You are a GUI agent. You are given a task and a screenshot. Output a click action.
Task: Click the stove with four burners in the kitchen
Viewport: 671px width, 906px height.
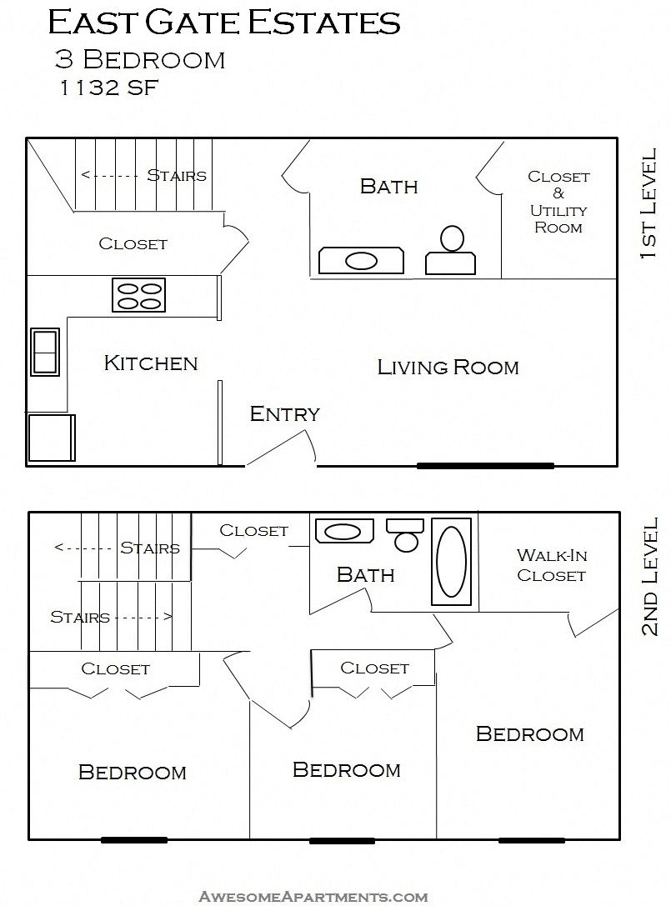click(139, 295)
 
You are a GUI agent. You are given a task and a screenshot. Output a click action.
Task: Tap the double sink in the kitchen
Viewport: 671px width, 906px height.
click(45, 351)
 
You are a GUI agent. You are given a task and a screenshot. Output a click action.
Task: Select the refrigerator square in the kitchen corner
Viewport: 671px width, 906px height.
click(52, 437)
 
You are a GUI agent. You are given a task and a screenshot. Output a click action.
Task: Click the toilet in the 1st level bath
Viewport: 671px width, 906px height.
click(451, 252)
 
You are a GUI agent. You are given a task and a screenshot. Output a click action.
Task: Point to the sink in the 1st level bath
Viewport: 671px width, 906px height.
click(361, 260)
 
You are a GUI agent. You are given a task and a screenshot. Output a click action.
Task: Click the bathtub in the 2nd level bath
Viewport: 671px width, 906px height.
click(451, 561)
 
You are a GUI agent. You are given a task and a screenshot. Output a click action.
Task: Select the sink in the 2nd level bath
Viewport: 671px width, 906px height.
click(343, 531)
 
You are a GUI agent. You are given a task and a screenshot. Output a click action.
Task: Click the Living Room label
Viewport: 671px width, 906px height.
click(448, 367)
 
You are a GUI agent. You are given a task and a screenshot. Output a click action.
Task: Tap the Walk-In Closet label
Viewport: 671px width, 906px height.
click(551, 565)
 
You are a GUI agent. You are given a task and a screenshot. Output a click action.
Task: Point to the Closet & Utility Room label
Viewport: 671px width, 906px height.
click(558, 202)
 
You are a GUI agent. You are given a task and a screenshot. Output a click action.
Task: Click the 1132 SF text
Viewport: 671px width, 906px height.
click(107, 88)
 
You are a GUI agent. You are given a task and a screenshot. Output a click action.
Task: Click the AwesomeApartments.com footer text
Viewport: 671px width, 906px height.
click(313, 897)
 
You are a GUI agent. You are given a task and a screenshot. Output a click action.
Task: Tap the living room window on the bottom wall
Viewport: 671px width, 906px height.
click(485, 465)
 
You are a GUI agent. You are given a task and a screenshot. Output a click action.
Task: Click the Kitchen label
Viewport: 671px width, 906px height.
click(151, 363)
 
